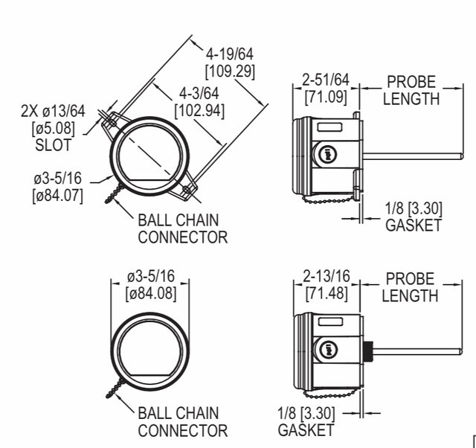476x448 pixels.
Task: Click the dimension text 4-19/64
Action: tap(231, 55)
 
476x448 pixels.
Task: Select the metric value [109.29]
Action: tap(231, 72)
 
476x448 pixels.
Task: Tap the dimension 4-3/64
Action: tap(199, 94)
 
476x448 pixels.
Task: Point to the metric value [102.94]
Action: tap(199, 111)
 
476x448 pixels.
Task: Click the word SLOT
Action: tap(53, 145)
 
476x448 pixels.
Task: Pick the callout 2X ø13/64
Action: tap(53, 112)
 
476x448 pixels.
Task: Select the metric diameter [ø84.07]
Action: tap(57, 196)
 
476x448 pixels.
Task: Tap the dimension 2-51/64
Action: tap(326, 80)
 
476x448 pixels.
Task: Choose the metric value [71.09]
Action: tap(326, 97)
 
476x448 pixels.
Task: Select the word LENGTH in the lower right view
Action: tap(411, 295)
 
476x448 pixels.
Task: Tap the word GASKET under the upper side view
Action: tap(413, 225)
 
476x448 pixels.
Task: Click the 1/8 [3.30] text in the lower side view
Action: tap(306, 413)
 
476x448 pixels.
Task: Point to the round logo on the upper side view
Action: tap(326, 154)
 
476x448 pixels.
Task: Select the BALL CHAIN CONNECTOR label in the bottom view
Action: tap(182, 421)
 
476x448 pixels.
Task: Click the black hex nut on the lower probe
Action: tap(367, 349)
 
